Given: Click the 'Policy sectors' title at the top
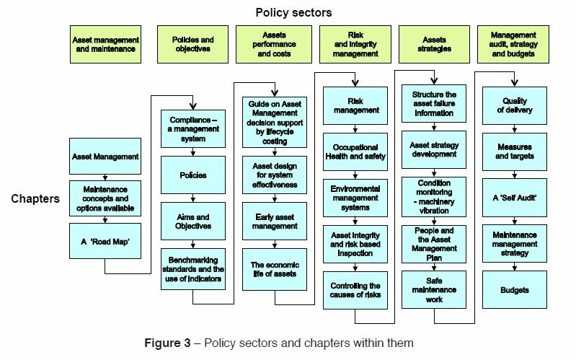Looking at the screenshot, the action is pos(293,12).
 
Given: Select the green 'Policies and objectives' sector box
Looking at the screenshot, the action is pos(193,44).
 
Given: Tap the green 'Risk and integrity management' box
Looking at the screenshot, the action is pos(355,44).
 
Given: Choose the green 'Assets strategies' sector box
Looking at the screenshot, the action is pos(434,44).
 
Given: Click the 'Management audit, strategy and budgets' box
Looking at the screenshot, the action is pos(513,44).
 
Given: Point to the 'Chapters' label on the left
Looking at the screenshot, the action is pos(35,198).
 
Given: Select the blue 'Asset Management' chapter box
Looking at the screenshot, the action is pos(105,157).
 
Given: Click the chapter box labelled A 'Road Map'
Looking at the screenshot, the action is pos(105,241).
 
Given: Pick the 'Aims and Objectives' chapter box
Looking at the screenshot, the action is pos(193,221).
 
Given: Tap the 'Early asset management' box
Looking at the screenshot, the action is pos(275,221).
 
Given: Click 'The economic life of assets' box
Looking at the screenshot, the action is pos(275,269).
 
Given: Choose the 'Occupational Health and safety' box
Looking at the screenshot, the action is pos(355,152).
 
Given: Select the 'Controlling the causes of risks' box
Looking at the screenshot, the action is pos(355,290).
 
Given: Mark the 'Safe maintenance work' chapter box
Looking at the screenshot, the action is pos(434,290).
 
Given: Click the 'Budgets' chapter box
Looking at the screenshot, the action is pos(514,290).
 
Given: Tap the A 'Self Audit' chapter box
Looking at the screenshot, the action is pos(514,198).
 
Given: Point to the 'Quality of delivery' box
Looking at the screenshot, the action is pos(514,105).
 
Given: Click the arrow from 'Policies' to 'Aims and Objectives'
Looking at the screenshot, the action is pos(193,198).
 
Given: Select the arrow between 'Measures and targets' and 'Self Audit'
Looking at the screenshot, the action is pos(514,175).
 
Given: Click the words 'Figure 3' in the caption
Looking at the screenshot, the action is pos(167,343).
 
